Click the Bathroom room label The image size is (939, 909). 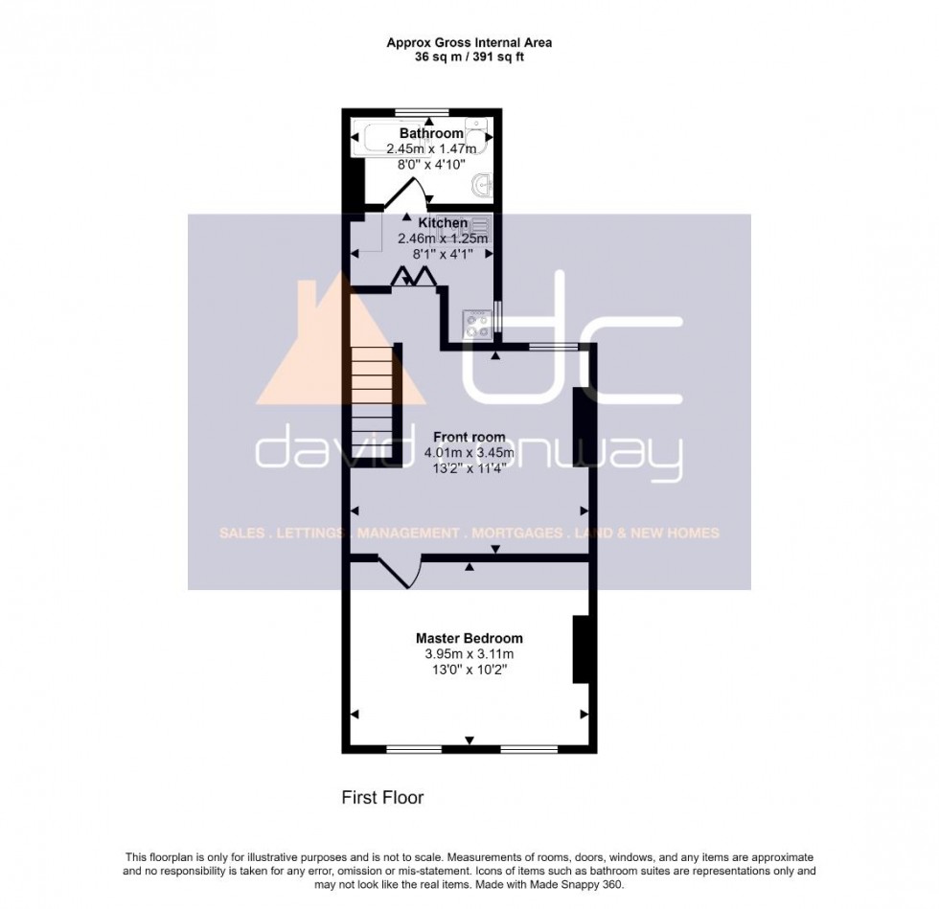pos(431,133)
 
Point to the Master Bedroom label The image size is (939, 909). pos(469,638)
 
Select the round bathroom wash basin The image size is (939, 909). pos(486,184)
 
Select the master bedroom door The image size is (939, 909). pos(399,573)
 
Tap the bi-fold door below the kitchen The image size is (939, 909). pos(414,276)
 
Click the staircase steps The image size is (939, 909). pos(372,402)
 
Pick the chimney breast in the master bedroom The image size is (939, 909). pos(581,649)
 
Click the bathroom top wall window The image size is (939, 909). pos(423,112)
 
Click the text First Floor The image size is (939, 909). pos(382,797)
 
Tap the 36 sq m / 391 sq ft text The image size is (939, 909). pos(469,57)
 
